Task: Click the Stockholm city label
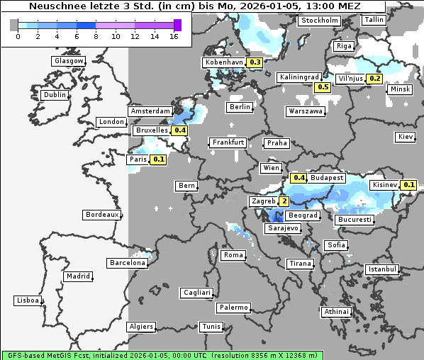(318, 21)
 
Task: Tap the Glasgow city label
(69, 61)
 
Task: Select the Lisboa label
(28, 300)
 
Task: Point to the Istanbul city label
(382, 269)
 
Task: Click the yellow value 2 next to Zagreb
(284, 201)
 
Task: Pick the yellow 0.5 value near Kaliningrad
(323, 87)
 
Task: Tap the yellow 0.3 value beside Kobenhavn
(255, 62)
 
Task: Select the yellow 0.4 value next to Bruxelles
(179, 130)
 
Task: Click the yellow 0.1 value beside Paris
(158, 159)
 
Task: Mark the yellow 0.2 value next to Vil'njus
(375, 79)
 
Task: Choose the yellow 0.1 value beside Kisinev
(408, 185)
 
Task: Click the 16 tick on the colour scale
(174, 36)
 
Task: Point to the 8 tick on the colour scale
(96, 36)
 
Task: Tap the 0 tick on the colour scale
(18, 36)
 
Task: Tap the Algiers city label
(140, 327)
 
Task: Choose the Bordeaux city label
(101, 214)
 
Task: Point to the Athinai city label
(336, 312)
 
